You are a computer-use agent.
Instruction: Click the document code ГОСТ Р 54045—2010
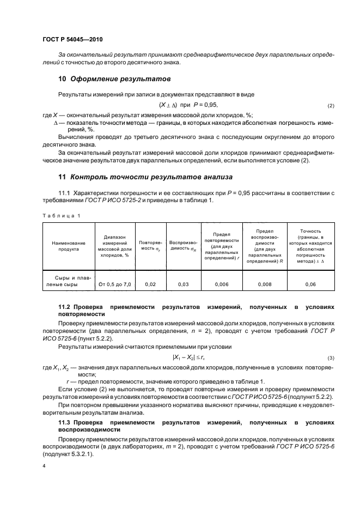[72, 40]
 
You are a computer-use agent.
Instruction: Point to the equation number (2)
[331, 105]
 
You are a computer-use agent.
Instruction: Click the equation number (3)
[331, 358]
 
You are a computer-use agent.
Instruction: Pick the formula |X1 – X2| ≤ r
[188, 357]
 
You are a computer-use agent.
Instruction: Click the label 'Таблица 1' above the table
[61, 216]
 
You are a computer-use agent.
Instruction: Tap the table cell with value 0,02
[150, 284]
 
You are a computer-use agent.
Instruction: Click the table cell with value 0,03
[183, 284]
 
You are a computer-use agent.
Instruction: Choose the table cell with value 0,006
[221, 284]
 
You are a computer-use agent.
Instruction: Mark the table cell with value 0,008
[264, 284]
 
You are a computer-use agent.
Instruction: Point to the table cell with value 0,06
[310, 284]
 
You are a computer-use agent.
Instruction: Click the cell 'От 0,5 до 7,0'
[115, 284]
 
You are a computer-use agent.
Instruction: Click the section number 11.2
[65, 307]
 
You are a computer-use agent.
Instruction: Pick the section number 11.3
[65, 422]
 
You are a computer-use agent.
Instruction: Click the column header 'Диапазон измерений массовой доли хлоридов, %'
[115, 246]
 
